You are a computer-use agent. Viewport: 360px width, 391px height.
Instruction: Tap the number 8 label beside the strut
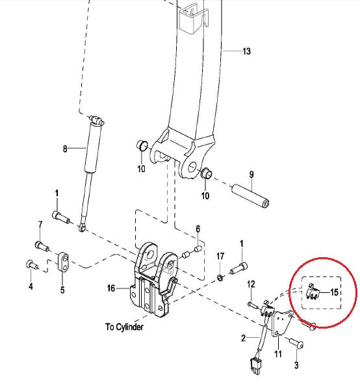(65, 149)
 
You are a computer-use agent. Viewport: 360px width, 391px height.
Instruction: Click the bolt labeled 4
(31, 264)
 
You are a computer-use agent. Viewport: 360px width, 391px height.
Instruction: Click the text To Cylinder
(124, 327)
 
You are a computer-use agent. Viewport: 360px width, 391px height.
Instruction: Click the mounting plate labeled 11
(281, 328)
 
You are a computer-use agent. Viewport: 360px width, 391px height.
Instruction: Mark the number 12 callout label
(251, 283)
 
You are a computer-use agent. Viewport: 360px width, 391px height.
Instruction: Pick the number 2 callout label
(244, 338)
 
